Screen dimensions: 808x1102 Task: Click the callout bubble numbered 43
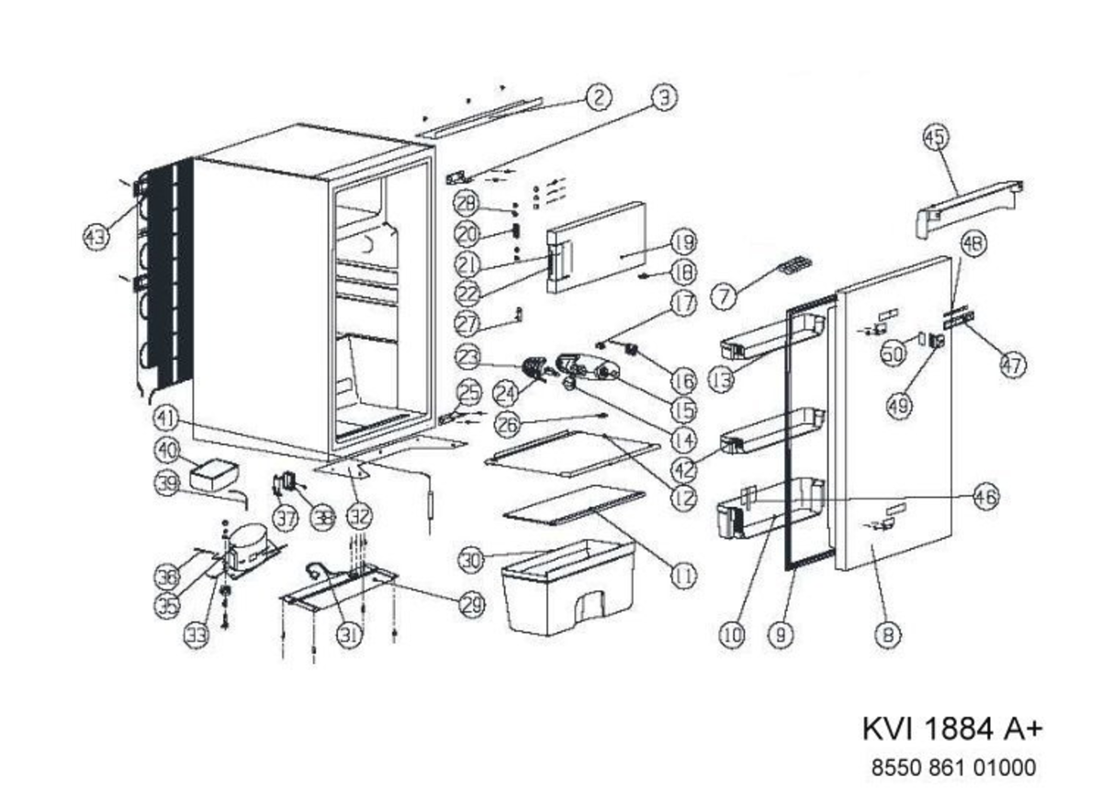96,237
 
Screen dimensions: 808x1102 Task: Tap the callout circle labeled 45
935,139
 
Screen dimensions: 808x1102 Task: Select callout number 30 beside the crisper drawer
472,558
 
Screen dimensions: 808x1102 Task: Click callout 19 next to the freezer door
682,242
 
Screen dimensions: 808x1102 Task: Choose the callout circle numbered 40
167,451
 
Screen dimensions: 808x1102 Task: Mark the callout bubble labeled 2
598,97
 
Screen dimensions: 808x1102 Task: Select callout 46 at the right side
985,497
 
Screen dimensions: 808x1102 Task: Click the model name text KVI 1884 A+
952,729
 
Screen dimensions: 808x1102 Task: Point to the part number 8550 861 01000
952,768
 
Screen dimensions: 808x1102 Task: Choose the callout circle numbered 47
1012,365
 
